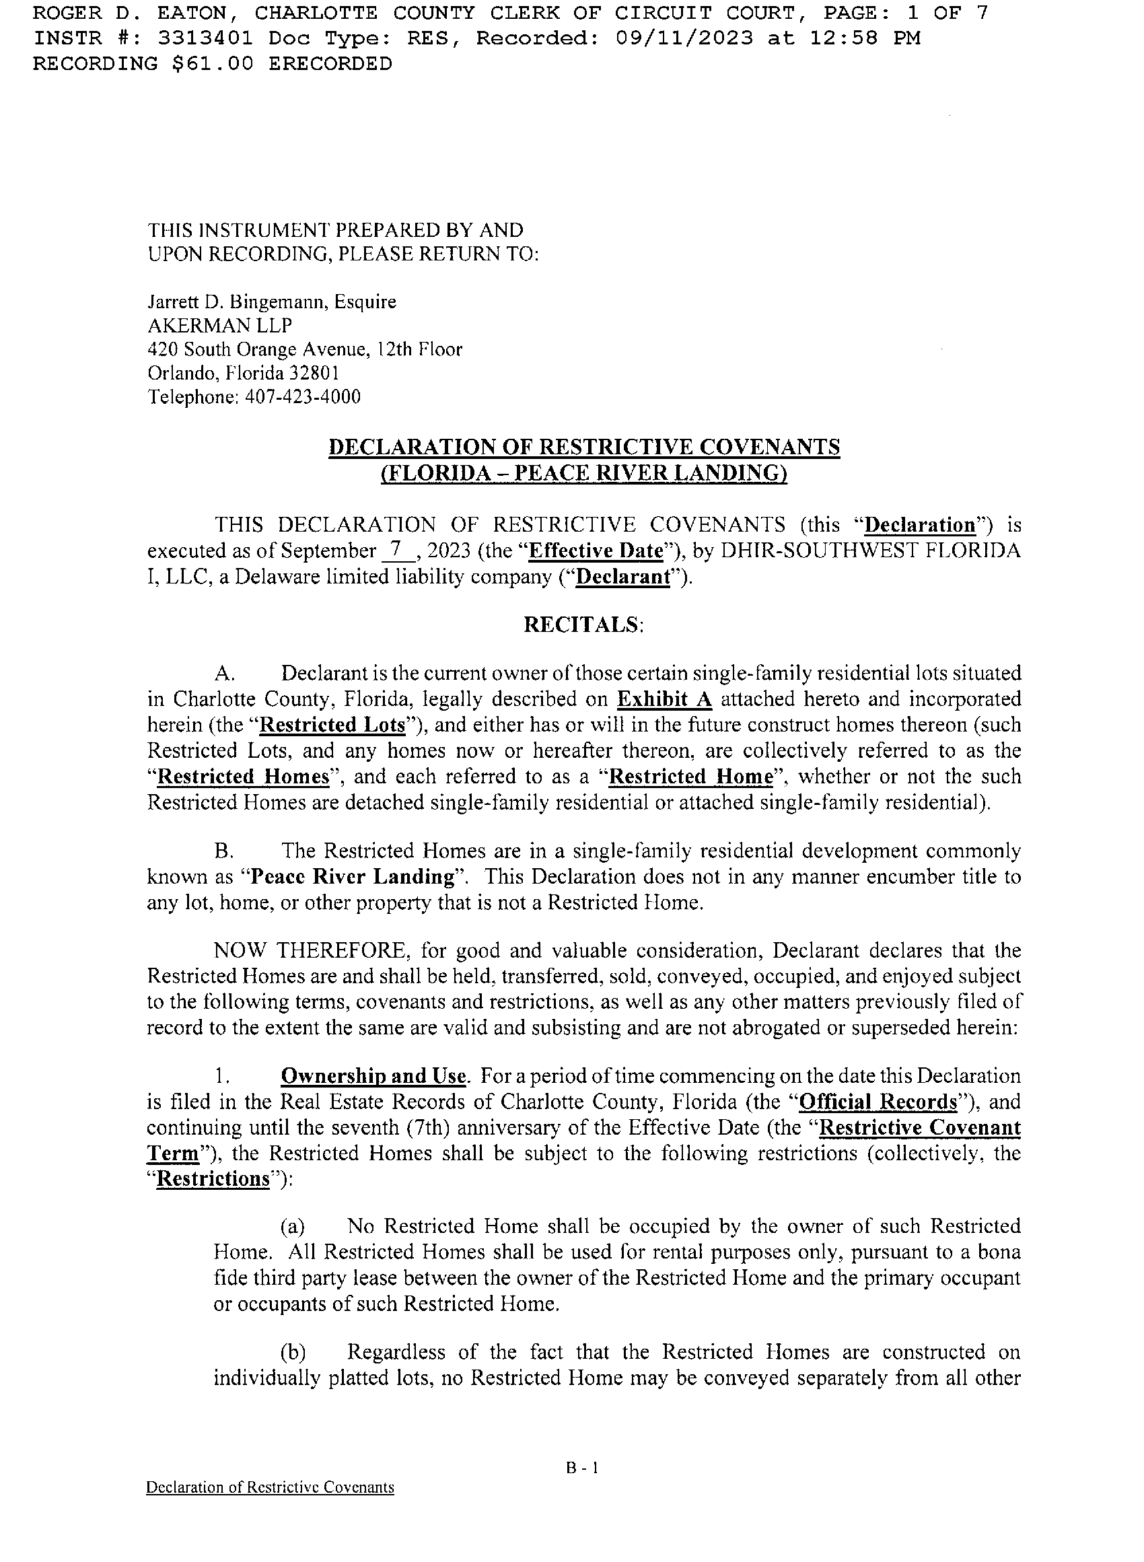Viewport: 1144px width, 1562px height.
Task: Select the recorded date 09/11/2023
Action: (684, 38)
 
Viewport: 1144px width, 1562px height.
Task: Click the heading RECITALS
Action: (582, 625)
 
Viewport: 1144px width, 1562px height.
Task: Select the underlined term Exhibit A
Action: (664, 699)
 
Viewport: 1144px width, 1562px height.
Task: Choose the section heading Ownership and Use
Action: (373, 1076)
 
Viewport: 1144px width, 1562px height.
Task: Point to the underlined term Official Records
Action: (878, 1102)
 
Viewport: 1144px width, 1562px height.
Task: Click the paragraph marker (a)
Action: (292, 1227)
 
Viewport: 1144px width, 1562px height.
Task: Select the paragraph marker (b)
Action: (292, 1352)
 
